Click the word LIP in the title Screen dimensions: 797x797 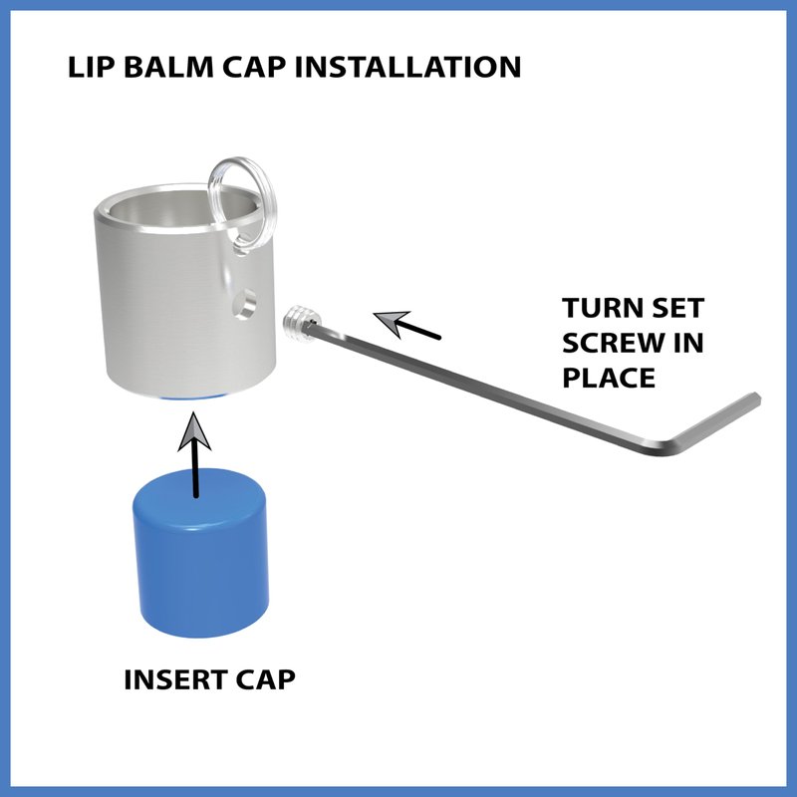tap(91, 67)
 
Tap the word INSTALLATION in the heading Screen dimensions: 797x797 tap(408, 67)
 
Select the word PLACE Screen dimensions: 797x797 tap(609, 378)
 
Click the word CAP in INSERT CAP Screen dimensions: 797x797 tap(265, 679)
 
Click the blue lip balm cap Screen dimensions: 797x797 tap(200, 554)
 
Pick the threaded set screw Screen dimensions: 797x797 tap(300, 323)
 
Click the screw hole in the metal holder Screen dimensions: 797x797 tap(244, 305)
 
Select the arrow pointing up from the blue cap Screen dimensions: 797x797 tap(194, 454)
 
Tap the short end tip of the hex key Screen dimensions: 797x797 tap(755, 398)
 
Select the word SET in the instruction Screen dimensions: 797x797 tap(673, 308)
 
